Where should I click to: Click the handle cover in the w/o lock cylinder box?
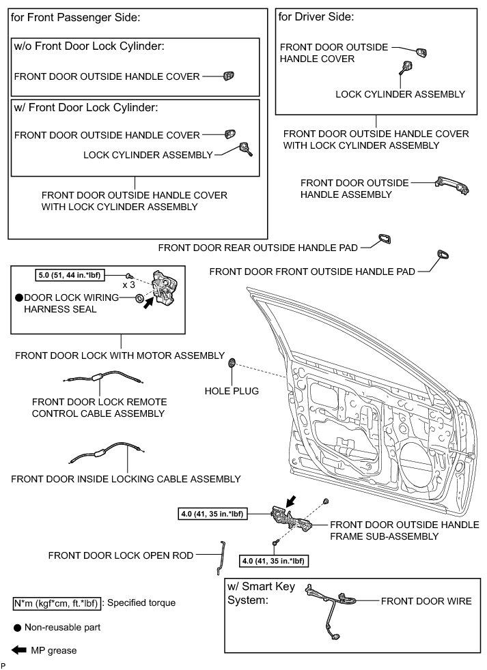coord(228,76)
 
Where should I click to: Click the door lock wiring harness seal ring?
coord(139,298)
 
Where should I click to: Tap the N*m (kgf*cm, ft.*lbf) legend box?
coord(57,603)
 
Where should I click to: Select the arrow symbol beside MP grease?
coord(18,650)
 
